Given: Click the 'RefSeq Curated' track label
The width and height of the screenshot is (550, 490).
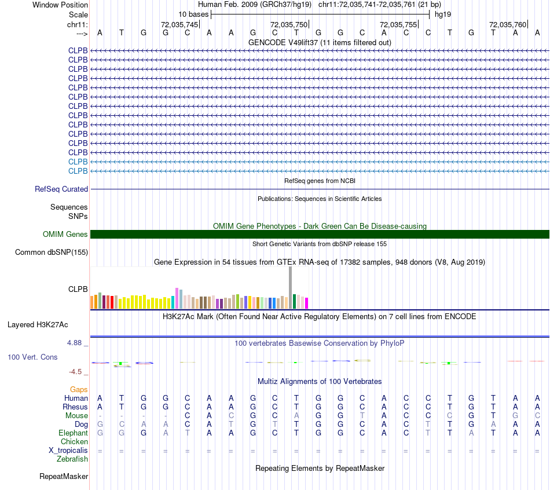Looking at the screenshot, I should tap(61, 189).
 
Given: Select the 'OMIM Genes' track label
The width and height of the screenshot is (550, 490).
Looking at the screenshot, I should tap(65, 235).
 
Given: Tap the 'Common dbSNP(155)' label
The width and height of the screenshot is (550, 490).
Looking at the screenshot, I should tap(52, 252).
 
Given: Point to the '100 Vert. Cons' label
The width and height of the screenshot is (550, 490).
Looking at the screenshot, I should tap(32, 357).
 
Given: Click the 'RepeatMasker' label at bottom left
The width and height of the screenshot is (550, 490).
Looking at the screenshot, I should tap(64, 477).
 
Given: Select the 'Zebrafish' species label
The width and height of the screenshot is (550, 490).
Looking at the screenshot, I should tap(72, 459).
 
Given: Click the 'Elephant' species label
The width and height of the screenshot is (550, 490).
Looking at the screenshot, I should tap(73, 433).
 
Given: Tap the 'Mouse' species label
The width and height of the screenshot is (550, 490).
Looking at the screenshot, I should tap(76, 415).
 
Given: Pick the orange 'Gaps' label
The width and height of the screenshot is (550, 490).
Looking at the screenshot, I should tap(79, 389).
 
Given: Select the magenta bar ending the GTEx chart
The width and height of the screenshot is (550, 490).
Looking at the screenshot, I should tap(307, 303).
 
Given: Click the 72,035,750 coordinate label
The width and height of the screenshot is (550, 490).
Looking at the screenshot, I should tap(289, 24).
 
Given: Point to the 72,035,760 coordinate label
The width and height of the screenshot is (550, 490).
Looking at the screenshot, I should tap(508, 24).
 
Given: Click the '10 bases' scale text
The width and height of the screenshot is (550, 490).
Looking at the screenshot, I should tap(193, 14).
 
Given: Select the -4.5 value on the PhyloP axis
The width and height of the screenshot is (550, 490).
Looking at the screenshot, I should tap(78, 372).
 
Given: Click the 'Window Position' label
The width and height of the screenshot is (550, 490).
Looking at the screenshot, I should tap(60, 5).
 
